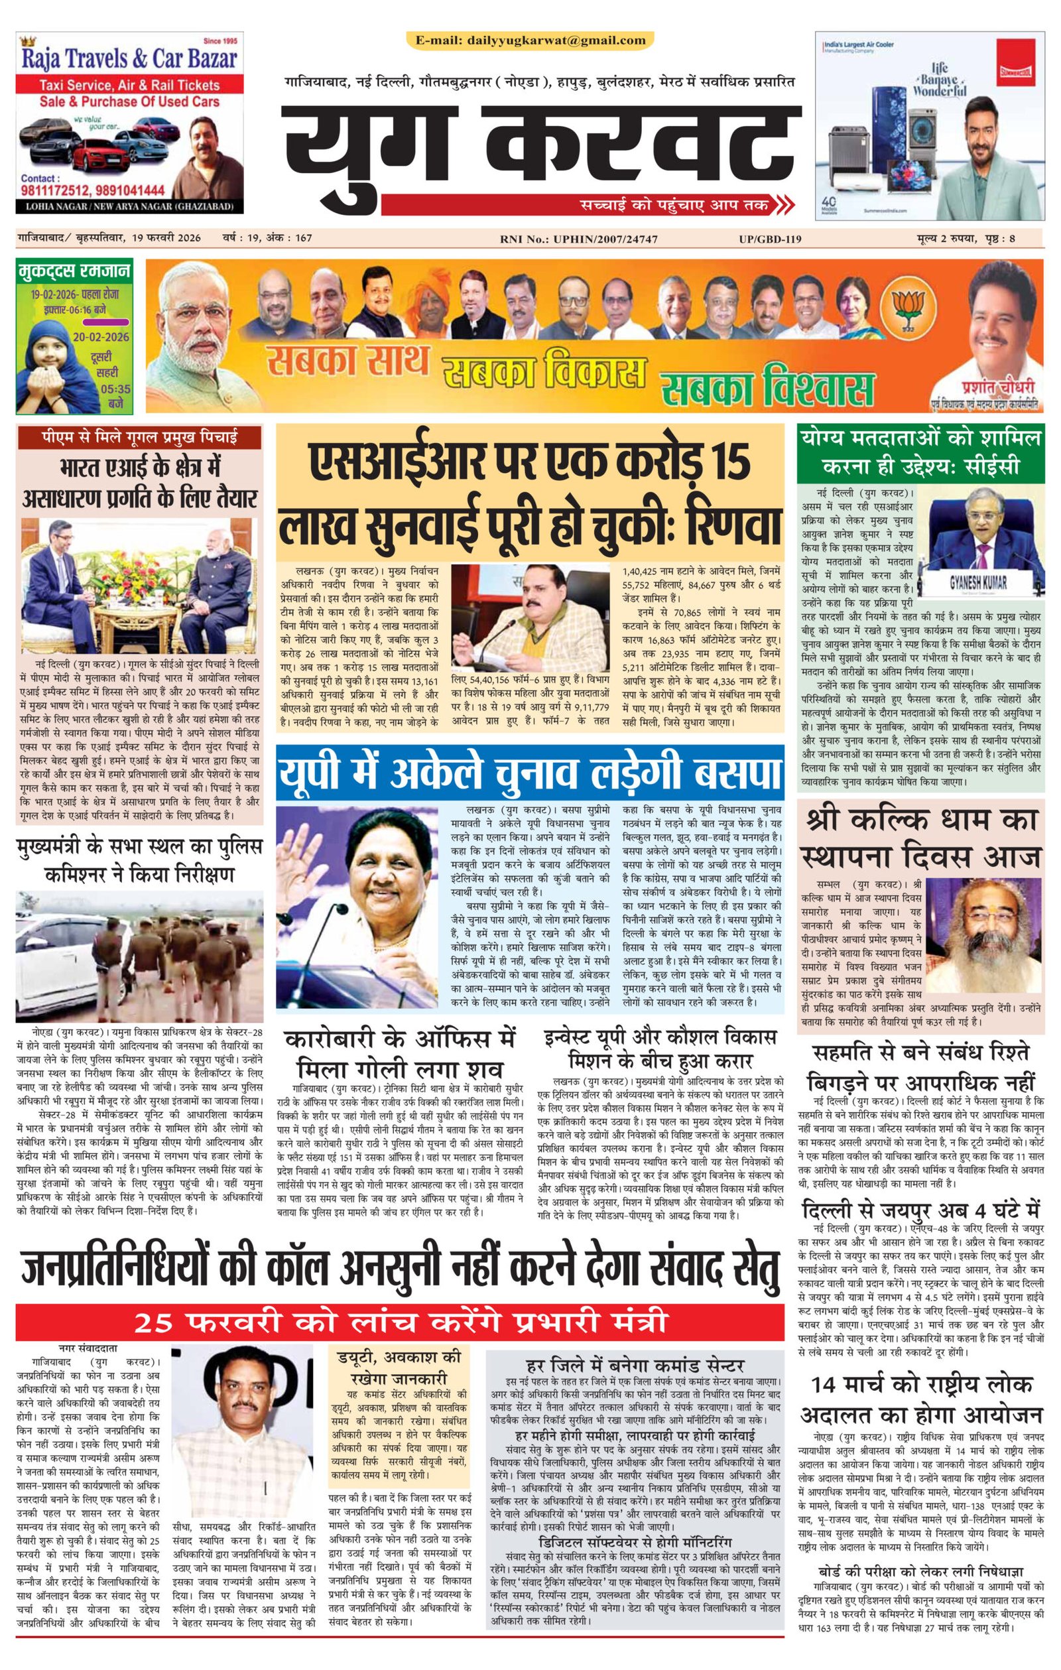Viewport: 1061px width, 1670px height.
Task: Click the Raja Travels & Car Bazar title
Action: (130, 59)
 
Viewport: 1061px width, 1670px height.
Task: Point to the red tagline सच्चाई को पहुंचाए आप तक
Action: (675, 206)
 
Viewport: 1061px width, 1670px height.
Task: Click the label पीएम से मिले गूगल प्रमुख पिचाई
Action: (139, 438)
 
